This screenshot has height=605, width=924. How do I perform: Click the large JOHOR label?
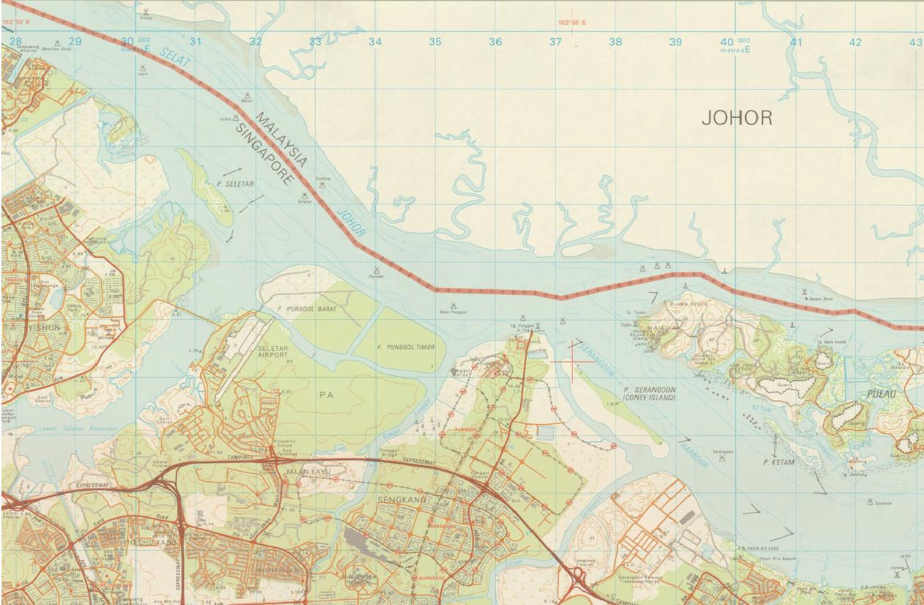pyautogui.click(x=736, y=118)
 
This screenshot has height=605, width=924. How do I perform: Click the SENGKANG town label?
pyautogui.click(x=396, y=499)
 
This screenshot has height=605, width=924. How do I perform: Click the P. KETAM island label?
pyautogui.click(x=779, y=463)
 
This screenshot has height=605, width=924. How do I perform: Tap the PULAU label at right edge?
pyautogui.click(x=902, y=393)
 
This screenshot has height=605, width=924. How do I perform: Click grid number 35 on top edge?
pyautogui.click(x=435, y=42)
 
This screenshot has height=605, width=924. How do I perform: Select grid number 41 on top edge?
pyautogui.click(x=796, y=42)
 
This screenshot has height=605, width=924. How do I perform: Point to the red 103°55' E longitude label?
pyautogui.click(x=572, y=23)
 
